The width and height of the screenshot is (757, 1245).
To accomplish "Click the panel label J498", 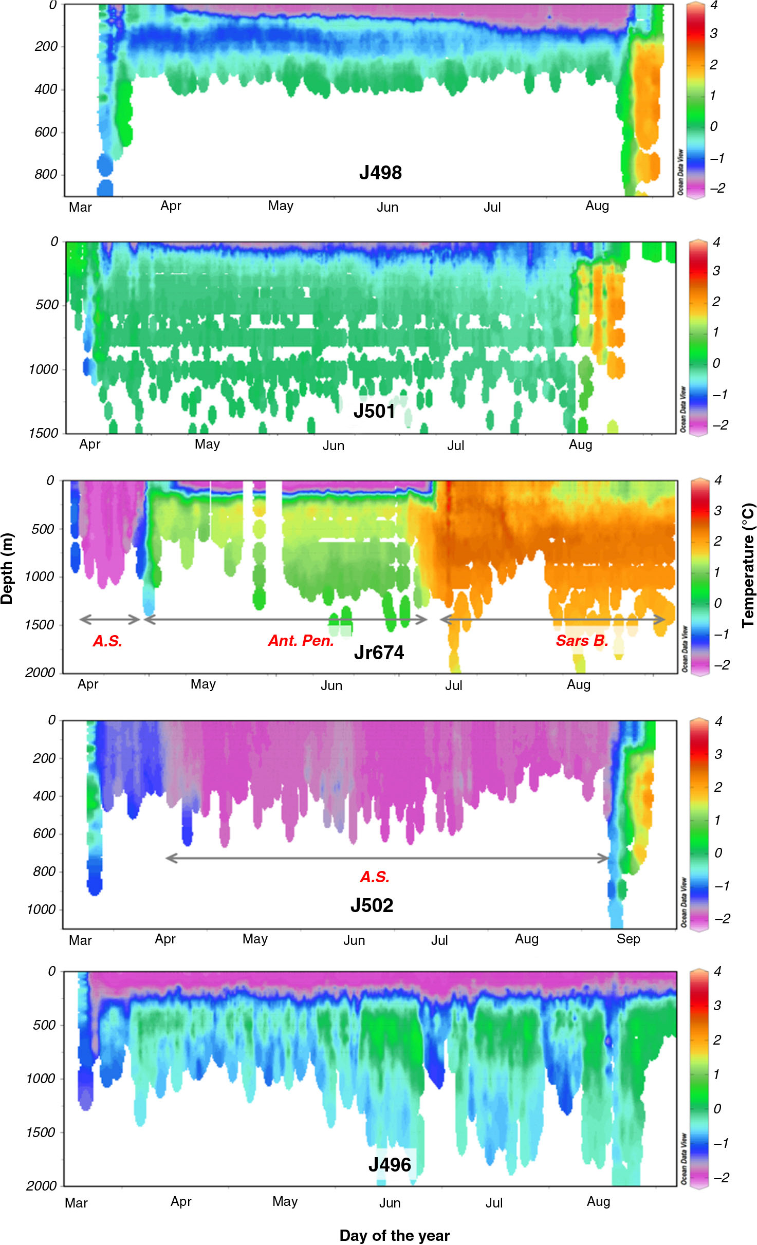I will pos(380,173).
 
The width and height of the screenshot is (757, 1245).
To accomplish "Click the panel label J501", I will pos(374,411).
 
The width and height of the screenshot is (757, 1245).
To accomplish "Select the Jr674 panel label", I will pos(379,653).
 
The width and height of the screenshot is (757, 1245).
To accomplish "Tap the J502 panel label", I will pos(372,905).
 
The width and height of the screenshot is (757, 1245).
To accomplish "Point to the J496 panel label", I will pos(390,1165).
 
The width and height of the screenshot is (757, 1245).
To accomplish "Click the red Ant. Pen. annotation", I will pos(301,641).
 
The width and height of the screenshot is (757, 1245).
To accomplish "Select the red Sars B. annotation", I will pos(582,641).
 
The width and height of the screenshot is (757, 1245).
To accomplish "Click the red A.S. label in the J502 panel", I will pos(375,877).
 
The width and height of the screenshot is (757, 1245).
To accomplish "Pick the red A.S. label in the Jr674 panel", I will pos(107,641).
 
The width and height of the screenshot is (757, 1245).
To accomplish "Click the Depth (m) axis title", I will pos(7,568).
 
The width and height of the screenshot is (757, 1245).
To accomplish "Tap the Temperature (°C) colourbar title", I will pos(748,565).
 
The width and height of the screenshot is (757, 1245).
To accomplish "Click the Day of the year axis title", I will pos(394,1236).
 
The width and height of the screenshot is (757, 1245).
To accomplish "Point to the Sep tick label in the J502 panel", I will pos(628,939).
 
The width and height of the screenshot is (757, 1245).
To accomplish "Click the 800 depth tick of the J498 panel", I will pos(46,175).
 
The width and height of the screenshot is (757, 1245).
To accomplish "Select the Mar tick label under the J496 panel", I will pos(76,1203).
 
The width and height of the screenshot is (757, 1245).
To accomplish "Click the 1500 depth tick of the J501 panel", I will pos(43,433).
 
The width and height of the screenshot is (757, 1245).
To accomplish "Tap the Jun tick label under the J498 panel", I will pos(387,207).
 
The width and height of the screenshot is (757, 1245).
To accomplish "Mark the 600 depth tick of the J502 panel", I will pos(44,833).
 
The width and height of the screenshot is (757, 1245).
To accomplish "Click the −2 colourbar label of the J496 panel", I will pos(722,1178).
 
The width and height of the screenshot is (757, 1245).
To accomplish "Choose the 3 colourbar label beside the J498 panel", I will pos(714,33).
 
